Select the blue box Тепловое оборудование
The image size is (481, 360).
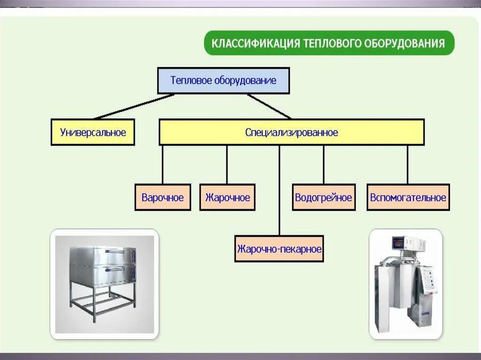tap(223, 80)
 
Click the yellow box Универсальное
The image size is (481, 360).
tap(93, 132)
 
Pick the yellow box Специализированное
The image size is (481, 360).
tap(291, 132)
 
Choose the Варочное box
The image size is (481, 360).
tap(163, 197)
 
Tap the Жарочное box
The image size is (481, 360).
tap(227, 197)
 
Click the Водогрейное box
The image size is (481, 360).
tap(323, 197)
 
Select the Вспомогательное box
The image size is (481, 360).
tap(408, 197)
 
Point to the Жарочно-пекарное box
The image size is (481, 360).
tap(279, 248)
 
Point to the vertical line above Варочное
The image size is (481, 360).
tap(163, 164)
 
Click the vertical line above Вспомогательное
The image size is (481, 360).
tap(407, 164)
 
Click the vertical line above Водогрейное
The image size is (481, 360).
tap(324, 164)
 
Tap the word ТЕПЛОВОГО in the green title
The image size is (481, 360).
tap(332, 44)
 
